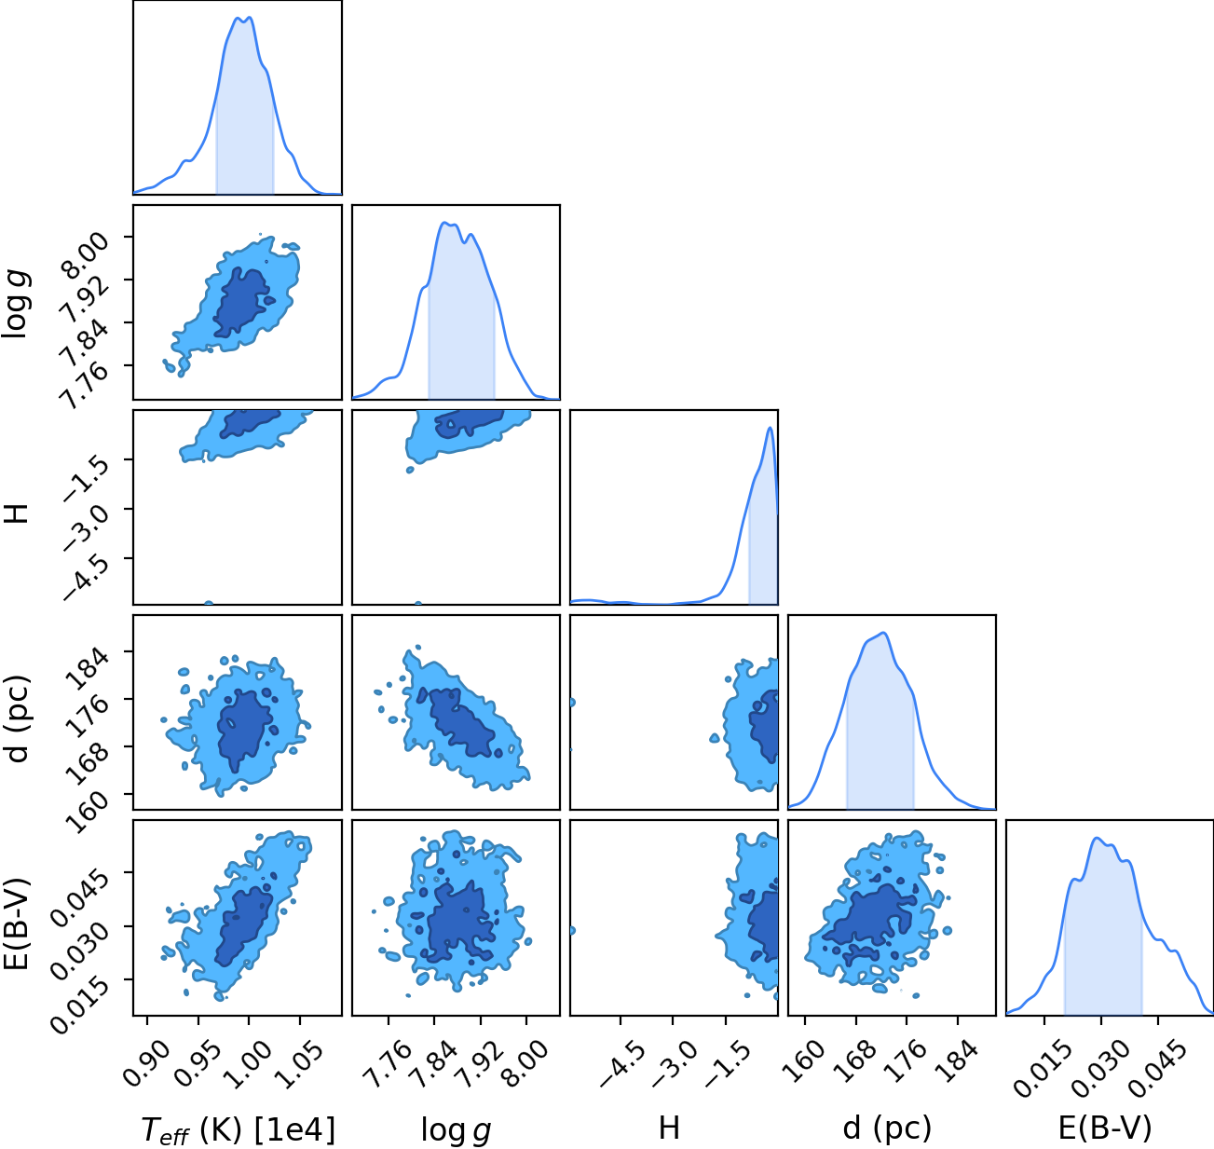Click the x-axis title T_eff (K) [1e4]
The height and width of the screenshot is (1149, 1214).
point(239,1129)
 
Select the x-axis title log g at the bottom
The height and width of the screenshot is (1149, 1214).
point(456,1130)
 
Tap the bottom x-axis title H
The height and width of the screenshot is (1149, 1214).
point(669,1128)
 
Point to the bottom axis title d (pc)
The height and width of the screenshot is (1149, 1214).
point(887,1129)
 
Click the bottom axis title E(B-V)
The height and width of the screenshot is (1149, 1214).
point(1105,1129)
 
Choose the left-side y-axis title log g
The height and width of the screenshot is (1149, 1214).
point(16,303)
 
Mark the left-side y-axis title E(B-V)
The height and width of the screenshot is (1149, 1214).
point(16,923)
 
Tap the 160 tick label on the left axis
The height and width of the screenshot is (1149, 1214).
point(89,801)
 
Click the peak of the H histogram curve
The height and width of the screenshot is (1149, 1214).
point(770,428)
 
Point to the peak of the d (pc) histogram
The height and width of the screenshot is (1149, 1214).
point(883,633)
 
